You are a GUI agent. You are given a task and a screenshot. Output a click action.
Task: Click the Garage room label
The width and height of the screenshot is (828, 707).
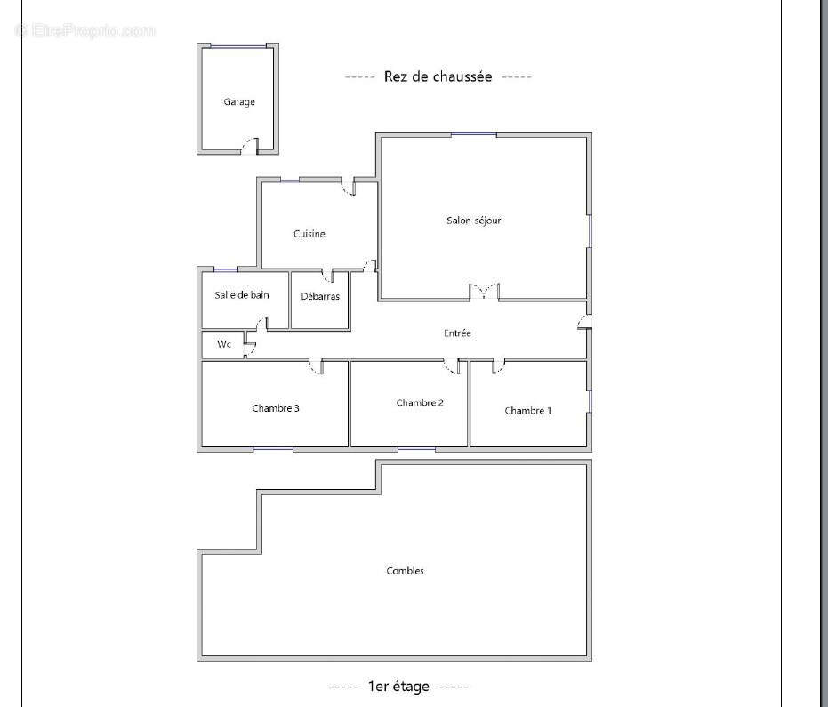(239, 102)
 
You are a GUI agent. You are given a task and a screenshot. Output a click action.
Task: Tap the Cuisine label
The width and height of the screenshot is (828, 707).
(309, 233)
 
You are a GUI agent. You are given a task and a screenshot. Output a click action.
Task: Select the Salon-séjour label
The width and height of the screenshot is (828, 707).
(474, 221)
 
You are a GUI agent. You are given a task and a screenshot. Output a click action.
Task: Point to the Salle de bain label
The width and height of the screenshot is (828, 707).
(242, 295)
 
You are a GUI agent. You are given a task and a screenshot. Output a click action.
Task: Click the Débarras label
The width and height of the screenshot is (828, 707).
(320, 296)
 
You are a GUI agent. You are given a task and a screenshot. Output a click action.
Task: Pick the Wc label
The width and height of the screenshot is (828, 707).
(224, 344)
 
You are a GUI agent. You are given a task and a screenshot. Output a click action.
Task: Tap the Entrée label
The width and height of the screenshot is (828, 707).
(457, 333)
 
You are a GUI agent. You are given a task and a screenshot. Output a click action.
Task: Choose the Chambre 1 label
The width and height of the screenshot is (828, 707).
(528, 410)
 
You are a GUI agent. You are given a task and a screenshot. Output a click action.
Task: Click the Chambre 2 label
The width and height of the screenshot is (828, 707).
(420, 402)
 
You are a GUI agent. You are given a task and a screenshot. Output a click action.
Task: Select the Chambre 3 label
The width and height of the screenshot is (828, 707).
(276, 408)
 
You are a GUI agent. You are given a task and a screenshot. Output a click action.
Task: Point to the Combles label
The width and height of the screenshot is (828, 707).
(405, 571)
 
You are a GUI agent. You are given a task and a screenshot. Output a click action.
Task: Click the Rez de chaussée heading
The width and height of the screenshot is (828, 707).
(438, 76)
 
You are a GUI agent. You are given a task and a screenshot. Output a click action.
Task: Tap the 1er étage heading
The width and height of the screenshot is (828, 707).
(398, 687)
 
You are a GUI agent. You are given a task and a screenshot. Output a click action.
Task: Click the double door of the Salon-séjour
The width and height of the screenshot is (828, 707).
(484, 292)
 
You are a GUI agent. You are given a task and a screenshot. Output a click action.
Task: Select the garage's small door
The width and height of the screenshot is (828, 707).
(250, 146)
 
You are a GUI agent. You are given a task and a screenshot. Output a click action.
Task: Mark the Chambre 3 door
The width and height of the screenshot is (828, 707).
(317, 366)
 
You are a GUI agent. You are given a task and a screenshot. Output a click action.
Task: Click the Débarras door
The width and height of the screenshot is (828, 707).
(328, 276)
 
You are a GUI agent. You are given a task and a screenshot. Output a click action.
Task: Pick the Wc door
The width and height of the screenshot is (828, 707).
(249, 348)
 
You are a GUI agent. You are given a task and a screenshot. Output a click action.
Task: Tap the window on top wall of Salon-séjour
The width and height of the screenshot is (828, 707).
(474, 134)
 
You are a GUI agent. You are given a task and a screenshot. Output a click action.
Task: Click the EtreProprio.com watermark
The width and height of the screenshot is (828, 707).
(85, 30)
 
